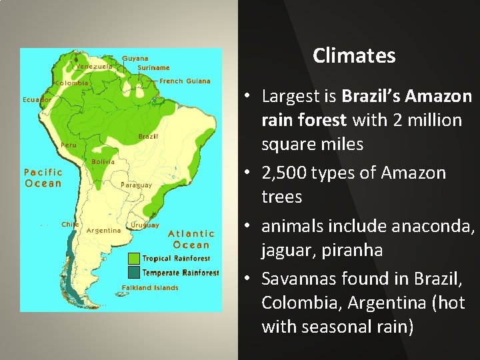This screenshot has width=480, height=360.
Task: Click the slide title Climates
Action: [354, 55]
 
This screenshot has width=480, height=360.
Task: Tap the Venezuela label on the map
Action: [93, 67]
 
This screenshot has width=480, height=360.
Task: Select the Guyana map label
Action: [135, 58]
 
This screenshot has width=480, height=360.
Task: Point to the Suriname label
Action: [153, 67]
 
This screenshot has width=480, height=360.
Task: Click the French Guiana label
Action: [185, 81]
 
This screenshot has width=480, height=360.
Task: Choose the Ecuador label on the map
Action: [37, 99]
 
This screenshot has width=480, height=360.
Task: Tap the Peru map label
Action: [68, 145]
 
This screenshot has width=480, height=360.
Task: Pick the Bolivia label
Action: [103, 161]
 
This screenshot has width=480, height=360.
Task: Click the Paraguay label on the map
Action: [136, 185]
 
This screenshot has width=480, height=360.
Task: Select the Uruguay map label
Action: [145, 225]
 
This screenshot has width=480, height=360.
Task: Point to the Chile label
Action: [70, 225]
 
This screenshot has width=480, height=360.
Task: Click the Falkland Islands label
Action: [150, 288]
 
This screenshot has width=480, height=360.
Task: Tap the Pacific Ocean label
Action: [43, 178]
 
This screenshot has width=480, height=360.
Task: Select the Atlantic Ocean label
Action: [191, 239]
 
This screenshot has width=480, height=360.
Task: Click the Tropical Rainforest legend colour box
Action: [133, 258]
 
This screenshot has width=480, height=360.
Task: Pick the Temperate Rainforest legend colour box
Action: [133, 272]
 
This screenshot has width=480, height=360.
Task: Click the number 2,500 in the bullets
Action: [287, 173]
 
